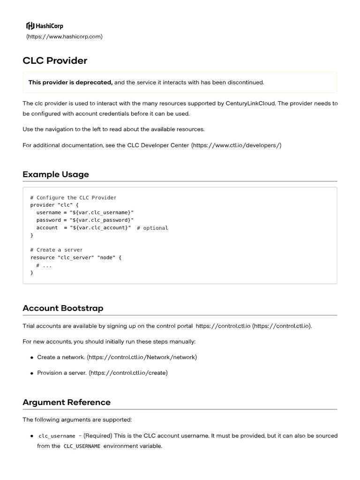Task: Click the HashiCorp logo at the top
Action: tap(45, 26)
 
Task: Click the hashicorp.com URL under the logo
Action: tap(64, 37)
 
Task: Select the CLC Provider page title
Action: tap(55, 60)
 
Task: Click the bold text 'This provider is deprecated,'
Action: tap(70, 82)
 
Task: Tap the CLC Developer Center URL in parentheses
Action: tap(236, 145)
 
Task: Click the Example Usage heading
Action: tap(56, 174)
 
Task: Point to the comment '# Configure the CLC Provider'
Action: tap(73, 198)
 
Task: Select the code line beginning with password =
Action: tap(82, 220)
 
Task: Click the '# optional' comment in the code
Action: tap(152, 228)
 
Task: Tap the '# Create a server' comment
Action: tap(56, 250)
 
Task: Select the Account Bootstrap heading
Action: tap(63, 308)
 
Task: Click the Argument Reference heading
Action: tap(67, 402)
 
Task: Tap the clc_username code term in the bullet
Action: tap(57, 436)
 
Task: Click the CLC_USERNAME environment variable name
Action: tap(82, 446)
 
